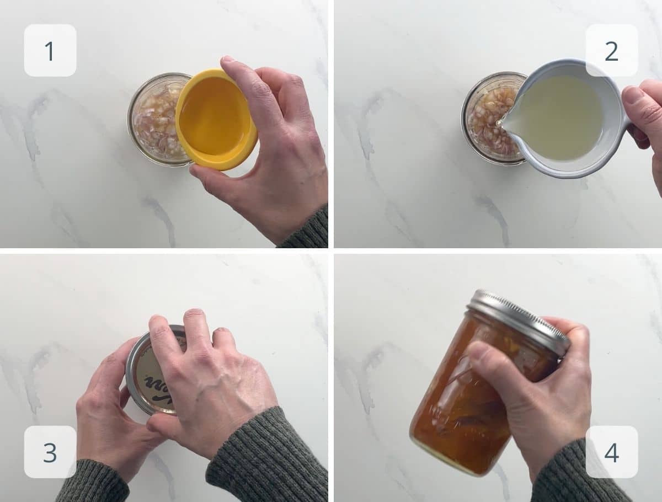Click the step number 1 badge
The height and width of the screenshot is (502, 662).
tap(50, 50)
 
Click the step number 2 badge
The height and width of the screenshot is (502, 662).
tap(611, 50)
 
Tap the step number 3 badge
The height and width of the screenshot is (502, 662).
tap(50, 452)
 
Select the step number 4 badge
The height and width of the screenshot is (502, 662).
tap(611, 452)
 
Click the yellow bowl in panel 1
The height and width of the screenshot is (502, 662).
tap(215, 119)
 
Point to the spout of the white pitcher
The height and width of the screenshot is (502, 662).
tap(502, 122)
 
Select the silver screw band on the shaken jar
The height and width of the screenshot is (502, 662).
tap(519, 320)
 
